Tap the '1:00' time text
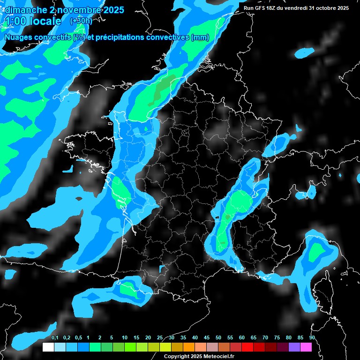point(17,22)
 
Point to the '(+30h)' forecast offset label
point(81,21)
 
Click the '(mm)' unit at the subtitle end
point(200,37)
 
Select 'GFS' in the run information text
point(261,8)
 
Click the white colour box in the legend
point(48,347)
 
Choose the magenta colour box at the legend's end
point(306,347)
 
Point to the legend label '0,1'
point(55,337)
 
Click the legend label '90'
point(312,337)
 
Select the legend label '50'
point(218,337)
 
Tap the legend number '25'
point(160,337)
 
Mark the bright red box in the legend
point(247,347)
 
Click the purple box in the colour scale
point(294,347)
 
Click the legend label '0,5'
point(78,337)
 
